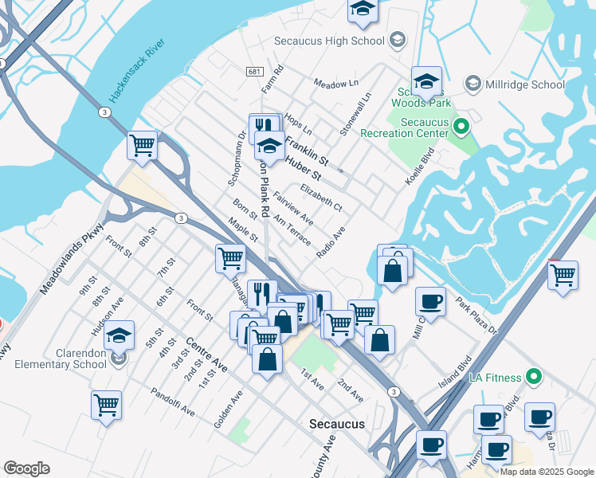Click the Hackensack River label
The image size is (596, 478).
(136, 71)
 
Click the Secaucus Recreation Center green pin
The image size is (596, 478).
(460, 126)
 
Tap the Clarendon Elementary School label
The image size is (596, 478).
(59, 358)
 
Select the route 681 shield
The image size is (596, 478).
(253, 72)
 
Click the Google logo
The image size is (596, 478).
(26, 468)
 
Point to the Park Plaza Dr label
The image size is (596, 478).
(476, 315)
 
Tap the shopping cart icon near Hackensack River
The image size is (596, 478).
(142, 146)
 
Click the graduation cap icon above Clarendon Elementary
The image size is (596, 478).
(119, 335)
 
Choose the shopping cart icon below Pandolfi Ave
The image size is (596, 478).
(106, 405)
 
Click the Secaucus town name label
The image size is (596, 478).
(337, 424)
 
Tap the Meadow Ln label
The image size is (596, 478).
(335, 83)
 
